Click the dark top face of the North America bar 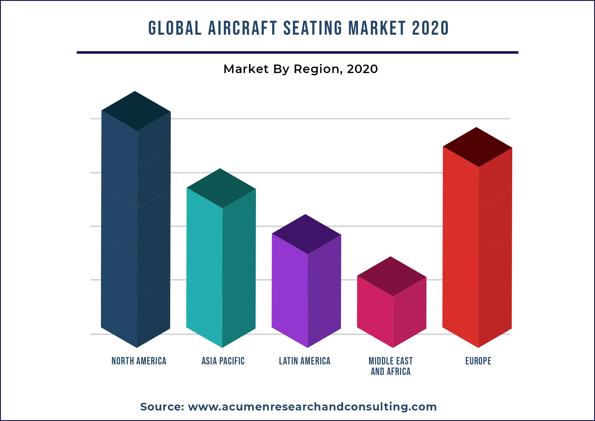tap(136, 111)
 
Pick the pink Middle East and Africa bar tap(391, 313)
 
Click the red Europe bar tap(477, 256)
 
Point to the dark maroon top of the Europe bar tap(477, 147)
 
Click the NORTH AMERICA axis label tap(139, 361)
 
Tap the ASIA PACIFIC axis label tap(223, 361)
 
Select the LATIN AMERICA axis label tap(305, 361)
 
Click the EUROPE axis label tap(478, 361)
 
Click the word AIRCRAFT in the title tap(242, 28)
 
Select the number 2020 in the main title tap(430, 28)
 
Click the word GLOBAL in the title tap(175, 28)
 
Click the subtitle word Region tap(318, 69)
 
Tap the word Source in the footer tap(162, 407)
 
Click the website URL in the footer tap(312, 407)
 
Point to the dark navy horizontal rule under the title tap(298, 52)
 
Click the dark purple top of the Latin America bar tap(306, 234)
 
